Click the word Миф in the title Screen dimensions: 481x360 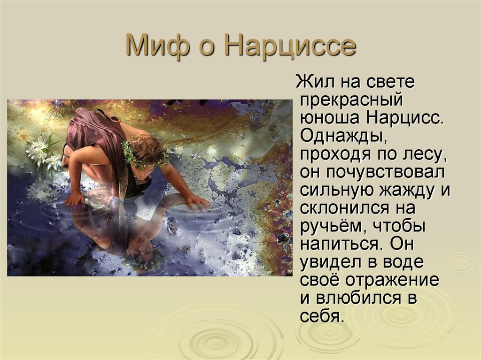pos(157,46)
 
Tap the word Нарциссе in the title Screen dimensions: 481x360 pos(290,46)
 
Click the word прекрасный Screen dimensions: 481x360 pos(351,100)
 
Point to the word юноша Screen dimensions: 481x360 pos(329,118)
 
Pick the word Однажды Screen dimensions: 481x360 pos(343,136)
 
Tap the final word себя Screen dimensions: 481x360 pos(320,316)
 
